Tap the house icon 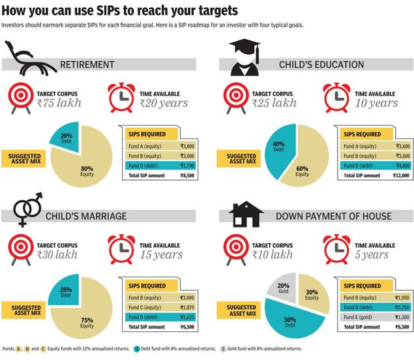point(246,214)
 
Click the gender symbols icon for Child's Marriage point(28,209)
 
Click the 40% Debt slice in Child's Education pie point(278,151)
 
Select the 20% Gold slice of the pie point(283,288)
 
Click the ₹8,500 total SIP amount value point(187,175)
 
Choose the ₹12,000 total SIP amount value point(401,175)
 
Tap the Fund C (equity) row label point(145,307)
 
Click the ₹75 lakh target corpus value point(59,103)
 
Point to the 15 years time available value point(161,254)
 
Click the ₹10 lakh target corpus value point(273,254)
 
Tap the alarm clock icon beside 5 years point(337,249)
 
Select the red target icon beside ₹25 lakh point(236,98)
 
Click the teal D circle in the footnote point(137,349)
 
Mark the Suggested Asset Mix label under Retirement point(23,158)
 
